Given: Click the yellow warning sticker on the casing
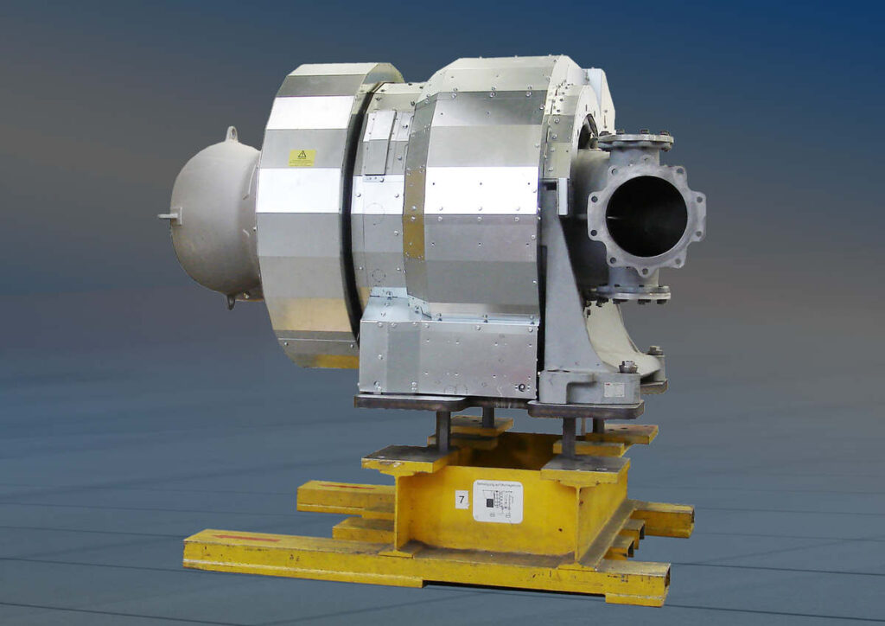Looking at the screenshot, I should coord(302,157).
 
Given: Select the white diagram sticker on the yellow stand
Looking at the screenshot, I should coord(498,501).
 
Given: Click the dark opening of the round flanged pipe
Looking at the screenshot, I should coord(646,216).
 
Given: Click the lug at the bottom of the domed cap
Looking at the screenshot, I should coord(231,300).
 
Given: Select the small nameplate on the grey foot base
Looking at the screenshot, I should coord(614,390).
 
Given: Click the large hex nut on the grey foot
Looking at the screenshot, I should coord(628,366).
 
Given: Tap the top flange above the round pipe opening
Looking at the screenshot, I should coord(635,139).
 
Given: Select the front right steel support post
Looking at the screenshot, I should coord(569,438).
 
